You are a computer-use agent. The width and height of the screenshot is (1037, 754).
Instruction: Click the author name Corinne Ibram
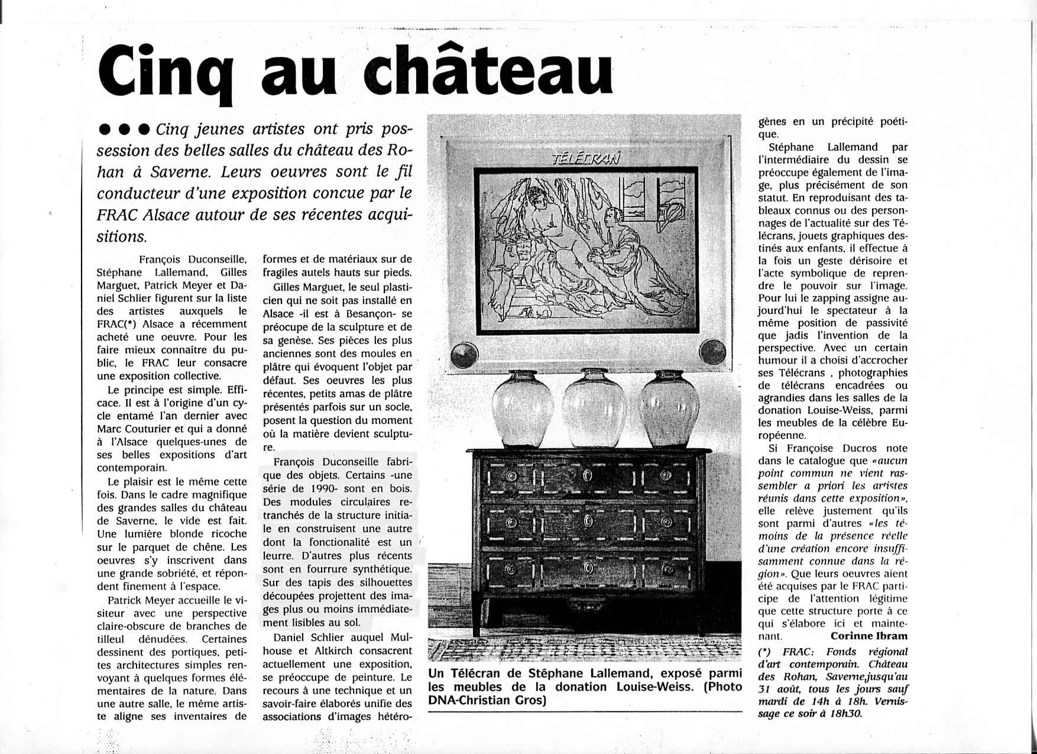[x=869, y=636]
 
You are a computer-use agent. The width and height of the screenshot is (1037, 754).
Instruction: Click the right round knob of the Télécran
[x=712, y=352]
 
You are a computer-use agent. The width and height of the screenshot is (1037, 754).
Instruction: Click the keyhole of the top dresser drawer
[x=587, y=476]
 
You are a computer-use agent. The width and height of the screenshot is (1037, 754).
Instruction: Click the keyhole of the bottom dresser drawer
[x=588, y=568]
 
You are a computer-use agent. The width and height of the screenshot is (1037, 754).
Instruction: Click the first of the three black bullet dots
[x=106, y=130]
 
